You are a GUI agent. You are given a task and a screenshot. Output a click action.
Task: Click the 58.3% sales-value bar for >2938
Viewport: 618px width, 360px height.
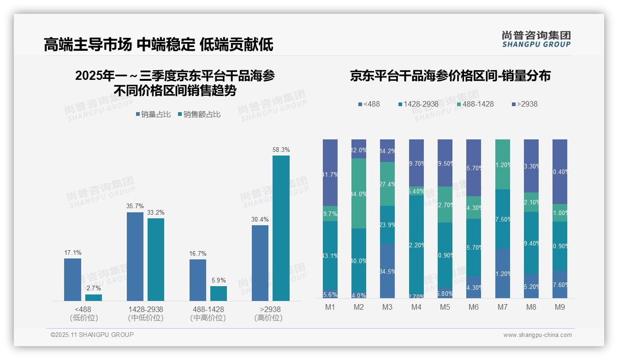(x=281, y=228)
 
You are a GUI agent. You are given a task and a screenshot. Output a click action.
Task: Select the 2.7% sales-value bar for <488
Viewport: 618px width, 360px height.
(x=94, y=298)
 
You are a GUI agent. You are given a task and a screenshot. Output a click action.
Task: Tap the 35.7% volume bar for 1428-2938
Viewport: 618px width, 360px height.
(x=135, y=257)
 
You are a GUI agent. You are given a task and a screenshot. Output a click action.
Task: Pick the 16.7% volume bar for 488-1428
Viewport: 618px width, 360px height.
(x=198, y=280)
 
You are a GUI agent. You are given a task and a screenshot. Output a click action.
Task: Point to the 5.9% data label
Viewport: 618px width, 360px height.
(x=219, y=280)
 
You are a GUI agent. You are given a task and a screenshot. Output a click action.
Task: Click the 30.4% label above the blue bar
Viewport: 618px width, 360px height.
(x=260, y=219)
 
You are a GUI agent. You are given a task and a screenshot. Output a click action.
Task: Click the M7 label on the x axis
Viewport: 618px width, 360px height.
(x=503, y=307)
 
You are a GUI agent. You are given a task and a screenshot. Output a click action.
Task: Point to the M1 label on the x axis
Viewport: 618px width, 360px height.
(x=330, y=307)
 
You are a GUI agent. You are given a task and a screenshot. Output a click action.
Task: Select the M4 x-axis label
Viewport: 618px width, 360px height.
(x=416, y=307)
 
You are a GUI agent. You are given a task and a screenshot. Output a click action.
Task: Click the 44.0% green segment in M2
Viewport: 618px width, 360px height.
(x=359, y=193)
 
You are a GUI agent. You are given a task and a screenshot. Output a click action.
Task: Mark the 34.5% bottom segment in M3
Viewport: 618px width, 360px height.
(x=387, y=271)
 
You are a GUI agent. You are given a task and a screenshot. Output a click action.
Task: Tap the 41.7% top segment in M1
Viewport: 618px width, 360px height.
(x=330, y=173)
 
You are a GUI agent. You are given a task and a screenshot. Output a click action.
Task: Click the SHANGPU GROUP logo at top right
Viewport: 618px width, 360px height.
(x=536, y=39)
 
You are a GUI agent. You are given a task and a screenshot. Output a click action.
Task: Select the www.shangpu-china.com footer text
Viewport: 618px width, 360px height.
(x=537, y=335)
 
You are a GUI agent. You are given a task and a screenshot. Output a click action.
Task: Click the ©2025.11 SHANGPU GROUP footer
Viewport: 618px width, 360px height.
(x=92, y=335)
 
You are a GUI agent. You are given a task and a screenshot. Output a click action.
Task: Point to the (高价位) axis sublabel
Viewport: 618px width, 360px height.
(x=268, y=318)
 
